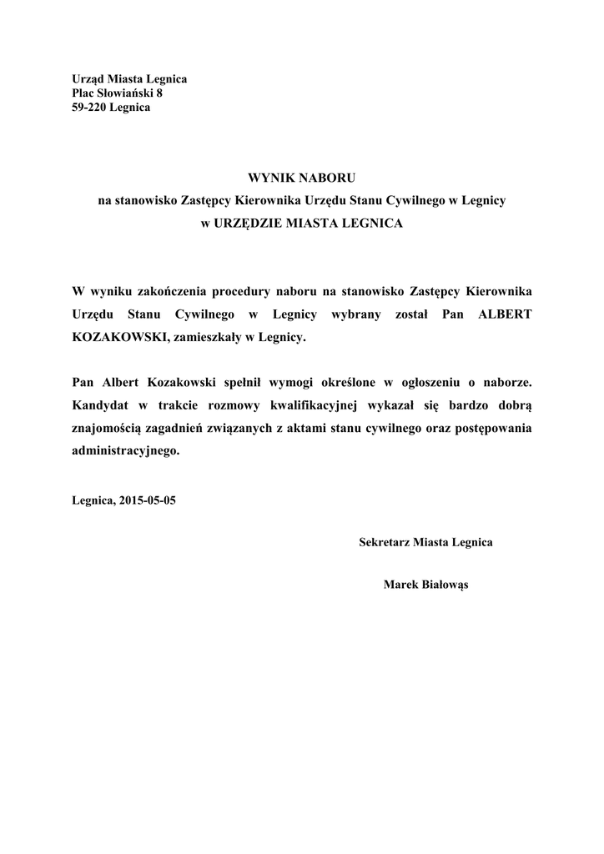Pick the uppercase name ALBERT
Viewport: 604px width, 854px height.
504,314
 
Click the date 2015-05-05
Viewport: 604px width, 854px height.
148,502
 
